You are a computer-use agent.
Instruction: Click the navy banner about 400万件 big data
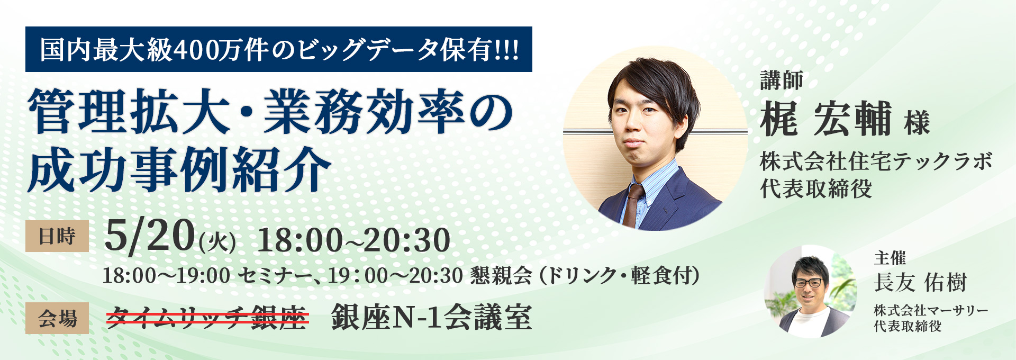coord(278,49)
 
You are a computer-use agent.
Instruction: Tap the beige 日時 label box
coord(57,236)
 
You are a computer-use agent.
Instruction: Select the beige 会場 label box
coord(57,318)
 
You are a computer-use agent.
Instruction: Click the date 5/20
coord(150,236)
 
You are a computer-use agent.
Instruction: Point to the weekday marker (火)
coord(217,242)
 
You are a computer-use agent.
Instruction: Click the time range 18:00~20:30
coord(353,240)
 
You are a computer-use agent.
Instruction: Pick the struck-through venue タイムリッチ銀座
coord(207,318)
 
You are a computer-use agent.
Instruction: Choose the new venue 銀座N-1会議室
coord(431,318)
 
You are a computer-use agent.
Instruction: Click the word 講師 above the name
coord(782,80)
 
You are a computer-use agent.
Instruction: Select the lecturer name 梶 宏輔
coord(825,119)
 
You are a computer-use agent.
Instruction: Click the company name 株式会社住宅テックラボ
coord(876,161)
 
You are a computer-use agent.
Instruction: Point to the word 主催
coord(890,258)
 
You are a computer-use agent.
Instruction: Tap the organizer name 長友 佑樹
coord(920,282)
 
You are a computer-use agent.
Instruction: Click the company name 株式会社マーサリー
coord(931,310)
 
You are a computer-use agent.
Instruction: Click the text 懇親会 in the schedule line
coord(501,275)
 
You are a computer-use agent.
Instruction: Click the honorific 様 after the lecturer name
coord(917,123)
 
